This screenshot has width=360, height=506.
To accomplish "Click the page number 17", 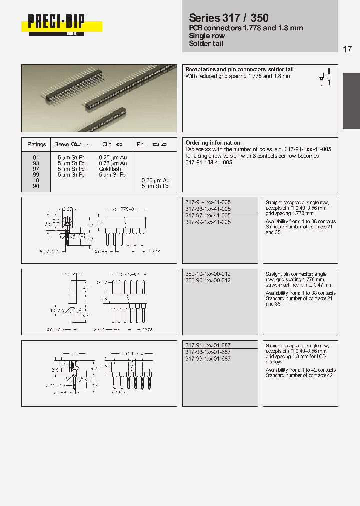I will coord(348,49).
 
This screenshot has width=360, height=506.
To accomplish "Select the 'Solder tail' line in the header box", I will coord(206,44).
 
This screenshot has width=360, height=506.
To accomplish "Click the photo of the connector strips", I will coord(99,98).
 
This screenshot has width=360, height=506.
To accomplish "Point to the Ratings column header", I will coord(37,144).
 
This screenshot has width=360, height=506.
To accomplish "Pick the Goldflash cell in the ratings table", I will coord(110,169).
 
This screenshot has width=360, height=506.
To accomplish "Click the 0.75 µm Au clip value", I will coord(113,163).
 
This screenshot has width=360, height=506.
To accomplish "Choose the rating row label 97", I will coord(36,169).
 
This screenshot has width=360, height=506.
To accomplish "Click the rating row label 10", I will coord(36,180).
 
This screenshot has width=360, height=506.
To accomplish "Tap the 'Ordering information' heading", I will coord(213,143).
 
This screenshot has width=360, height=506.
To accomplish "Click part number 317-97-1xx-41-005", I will coord(208,215).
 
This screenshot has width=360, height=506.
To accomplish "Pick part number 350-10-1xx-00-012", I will coord(208,274).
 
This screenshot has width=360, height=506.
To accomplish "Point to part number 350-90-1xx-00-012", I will coord(208,280).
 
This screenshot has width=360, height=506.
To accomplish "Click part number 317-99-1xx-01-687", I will coord(208,359).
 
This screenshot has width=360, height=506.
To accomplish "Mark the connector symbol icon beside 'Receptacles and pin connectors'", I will coord(324,76).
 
